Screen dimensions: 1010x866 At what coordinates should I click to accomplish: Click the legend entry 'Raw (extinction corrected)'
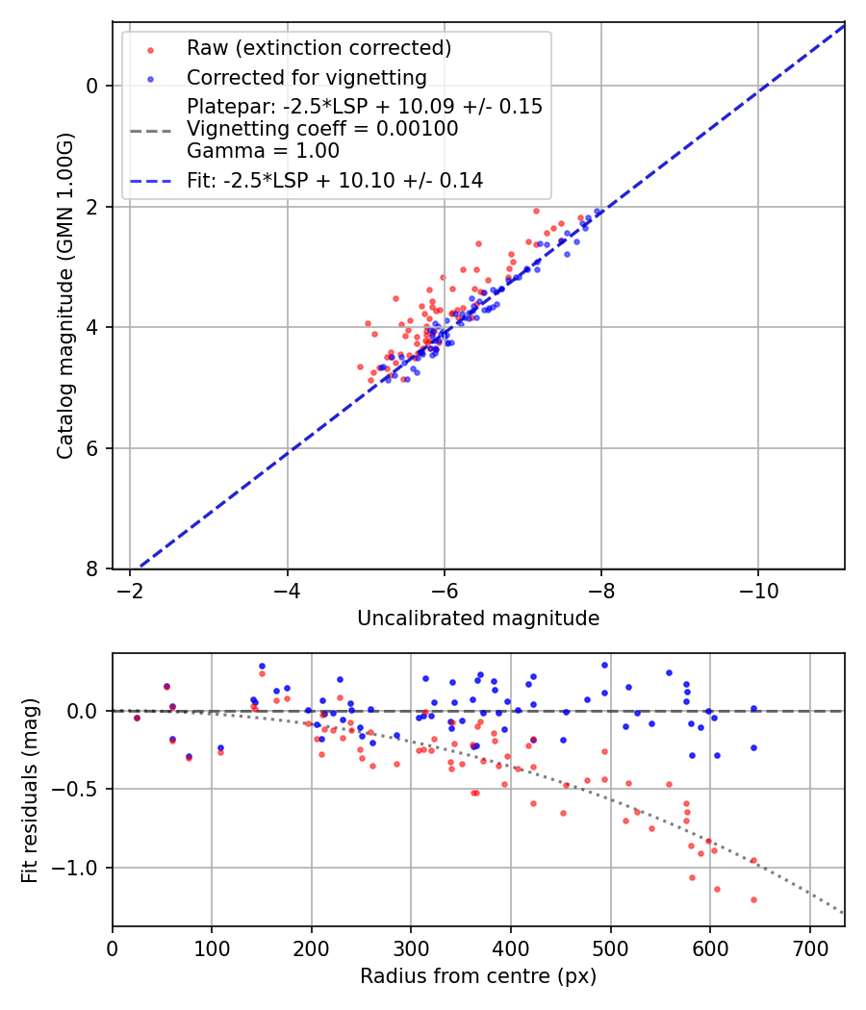click(318, 48)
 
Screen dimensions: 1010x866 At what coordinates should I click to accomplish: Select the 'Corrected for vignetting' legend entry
click(306, 77)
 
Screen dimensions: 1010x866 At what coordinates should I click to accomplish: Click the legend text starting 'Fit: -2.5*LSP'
click(335, 180)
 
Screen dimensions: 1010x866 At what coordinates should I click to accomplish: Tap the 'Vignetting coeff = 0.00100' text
click(322, 129)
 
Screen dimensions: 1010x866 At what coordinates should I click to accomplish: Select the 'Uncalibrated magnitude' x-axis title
click(478, 619)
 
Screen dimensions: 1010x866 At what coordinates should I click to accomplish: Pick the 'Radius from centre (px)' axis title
click(478, 976)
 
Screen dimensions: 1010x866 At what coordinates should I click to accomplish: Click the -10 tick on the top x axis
click(757, 587)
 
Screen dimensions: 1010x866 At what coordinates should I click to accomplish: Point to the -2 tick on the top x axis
click(129, 587)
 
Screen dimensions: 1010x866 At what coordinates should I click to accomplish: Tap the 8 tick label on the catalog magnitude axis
click(93, 569)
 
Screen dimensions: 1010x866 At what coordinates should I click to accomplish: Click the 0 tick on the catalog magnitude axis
click(93, 86)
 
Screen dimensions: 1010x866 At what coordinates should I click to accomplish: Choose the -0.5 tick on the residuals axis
click(81, 790)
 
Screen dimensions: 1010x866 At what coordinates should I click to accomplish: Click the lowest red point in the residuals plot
click(753, 899)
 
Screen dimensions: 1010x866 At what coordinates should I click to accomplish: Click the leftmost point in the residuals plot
click(137, 718)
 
